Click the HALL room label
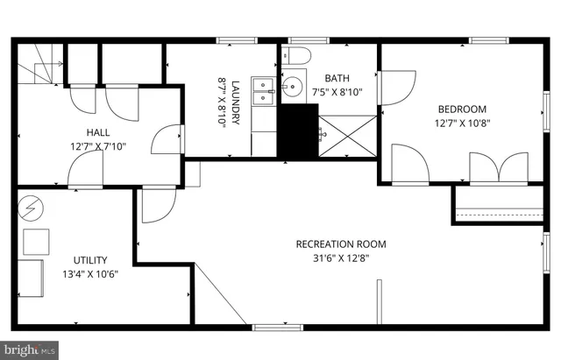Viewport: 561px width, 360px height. coord(97,131)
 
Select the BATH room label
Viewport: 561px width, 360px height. coord(337,77)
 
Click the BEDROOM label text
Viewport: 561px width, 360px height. coord(462,109)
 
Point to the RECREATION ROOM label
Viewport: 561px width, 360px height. coord(340,244)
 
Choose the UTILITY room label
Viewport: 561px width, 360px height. coord(89,259)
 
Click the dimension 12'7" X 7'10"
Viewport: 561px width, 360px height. coord(97,146)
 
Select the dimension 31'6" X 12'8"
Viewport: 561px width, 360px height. coord(340,258)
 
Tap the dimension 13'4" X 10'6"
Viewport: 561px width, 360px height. coord(89,274)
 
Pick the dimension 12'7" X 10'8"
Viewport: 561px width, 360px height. coord(462,124)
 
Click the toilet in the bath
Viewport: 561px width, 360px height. coord(295,54)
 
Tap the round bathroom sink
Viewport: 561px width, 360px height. coord(291,87)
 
